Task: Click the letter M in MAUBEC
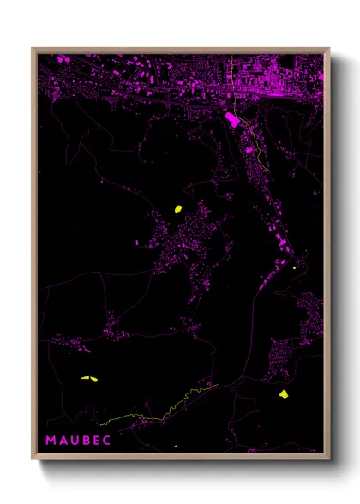[x=51, y=440]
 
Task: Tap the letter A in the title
[x=63, y=440]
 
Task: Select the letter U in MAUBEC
[x=75, y=440]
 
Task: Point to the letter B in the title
[x=87, y=440]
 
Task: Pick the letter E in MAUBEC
[x=99, y=440]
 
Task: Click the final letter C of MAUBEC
[x=110, y=440]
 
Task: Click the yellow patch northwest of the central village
[x=178, y=207]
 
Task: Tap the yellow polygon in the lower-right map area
[x=284, y=394]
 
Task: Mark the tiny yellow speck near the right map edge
[x=294, y=267]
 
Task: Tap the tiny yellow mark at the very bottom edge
[x=176, y=447]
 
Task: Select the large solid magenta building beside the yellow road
[x=231, y=118]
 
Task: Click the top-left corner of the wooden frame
[x=33, y=49]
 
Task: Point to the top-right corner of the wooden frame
[x=329, y=49]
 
